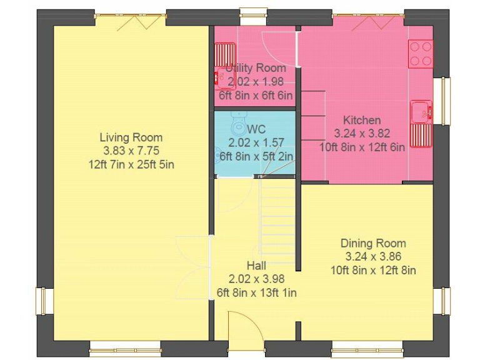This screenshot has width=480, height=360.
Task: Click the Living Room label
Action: [131, 137]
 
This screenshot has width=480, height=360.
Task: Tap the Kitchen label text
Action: [361, 120]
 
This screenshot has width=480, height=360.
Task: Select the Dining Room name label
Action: [373, 243]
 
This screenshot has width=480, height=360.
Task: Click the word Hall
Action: [256, 266]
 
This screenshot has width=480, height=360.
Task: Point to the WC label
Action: [256, 129]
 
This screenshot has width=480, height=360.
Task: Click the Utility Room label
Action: [256, 68]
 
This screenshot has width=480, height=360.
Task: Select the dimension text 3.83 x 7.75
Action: [131, 151]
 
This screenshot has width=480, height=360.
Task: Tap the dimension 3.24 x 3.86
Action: [373, 256]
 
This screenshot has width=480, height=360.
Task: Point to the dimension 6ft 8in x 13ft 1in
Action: [256, 292]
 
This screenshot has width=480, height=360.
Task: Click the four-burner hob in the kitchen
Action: [420, 54]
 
